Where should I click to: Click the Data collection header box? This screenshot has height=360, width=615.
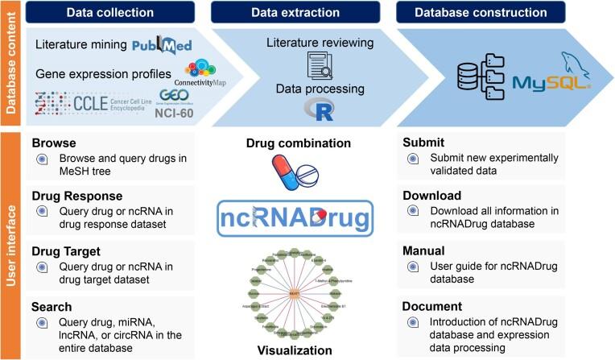tap(109, 13)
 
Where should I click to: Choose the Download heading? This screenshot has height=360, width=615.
tap(433, 196)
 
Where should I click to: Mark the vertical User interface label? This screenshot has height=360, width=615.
tap(11, 245)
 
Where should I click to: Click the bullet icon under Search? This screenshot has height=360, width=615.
tap(42, 324)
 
